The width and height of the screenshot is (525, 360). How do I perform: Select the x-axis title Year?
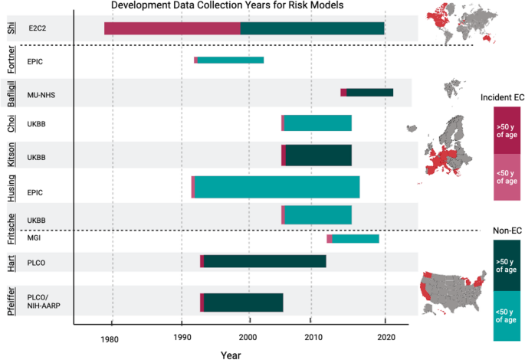tap(231, 355)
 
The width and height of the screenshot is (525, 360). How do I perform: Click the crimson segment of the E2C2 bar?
tap(172, 28)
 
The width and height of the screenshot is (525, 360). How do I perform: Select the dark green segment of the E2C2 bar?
tap(312, 28)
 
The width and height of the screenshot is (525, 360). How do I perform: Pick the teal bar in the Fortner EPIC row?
tap(231, 60)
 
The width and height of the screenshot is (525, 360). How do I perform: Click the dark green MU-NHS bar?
tap(369, 93)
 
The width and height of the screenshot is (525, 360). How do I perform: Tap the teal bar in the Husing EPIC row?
tap(277, 187)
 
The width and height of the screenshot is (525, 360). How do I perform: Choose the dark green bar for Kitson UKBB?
tap(318, 155)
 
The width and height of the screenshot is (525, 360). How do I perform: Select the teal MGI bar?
tap(356, 239)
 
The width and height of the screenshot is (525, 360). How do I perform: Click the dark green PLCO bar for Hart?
tap(264, 261)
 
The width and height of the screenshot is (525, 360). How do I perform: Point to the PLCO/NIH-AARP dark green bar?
tap(243, 303)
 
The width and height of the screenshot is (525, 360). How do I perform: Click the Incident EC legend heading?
tap(501, 97)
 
